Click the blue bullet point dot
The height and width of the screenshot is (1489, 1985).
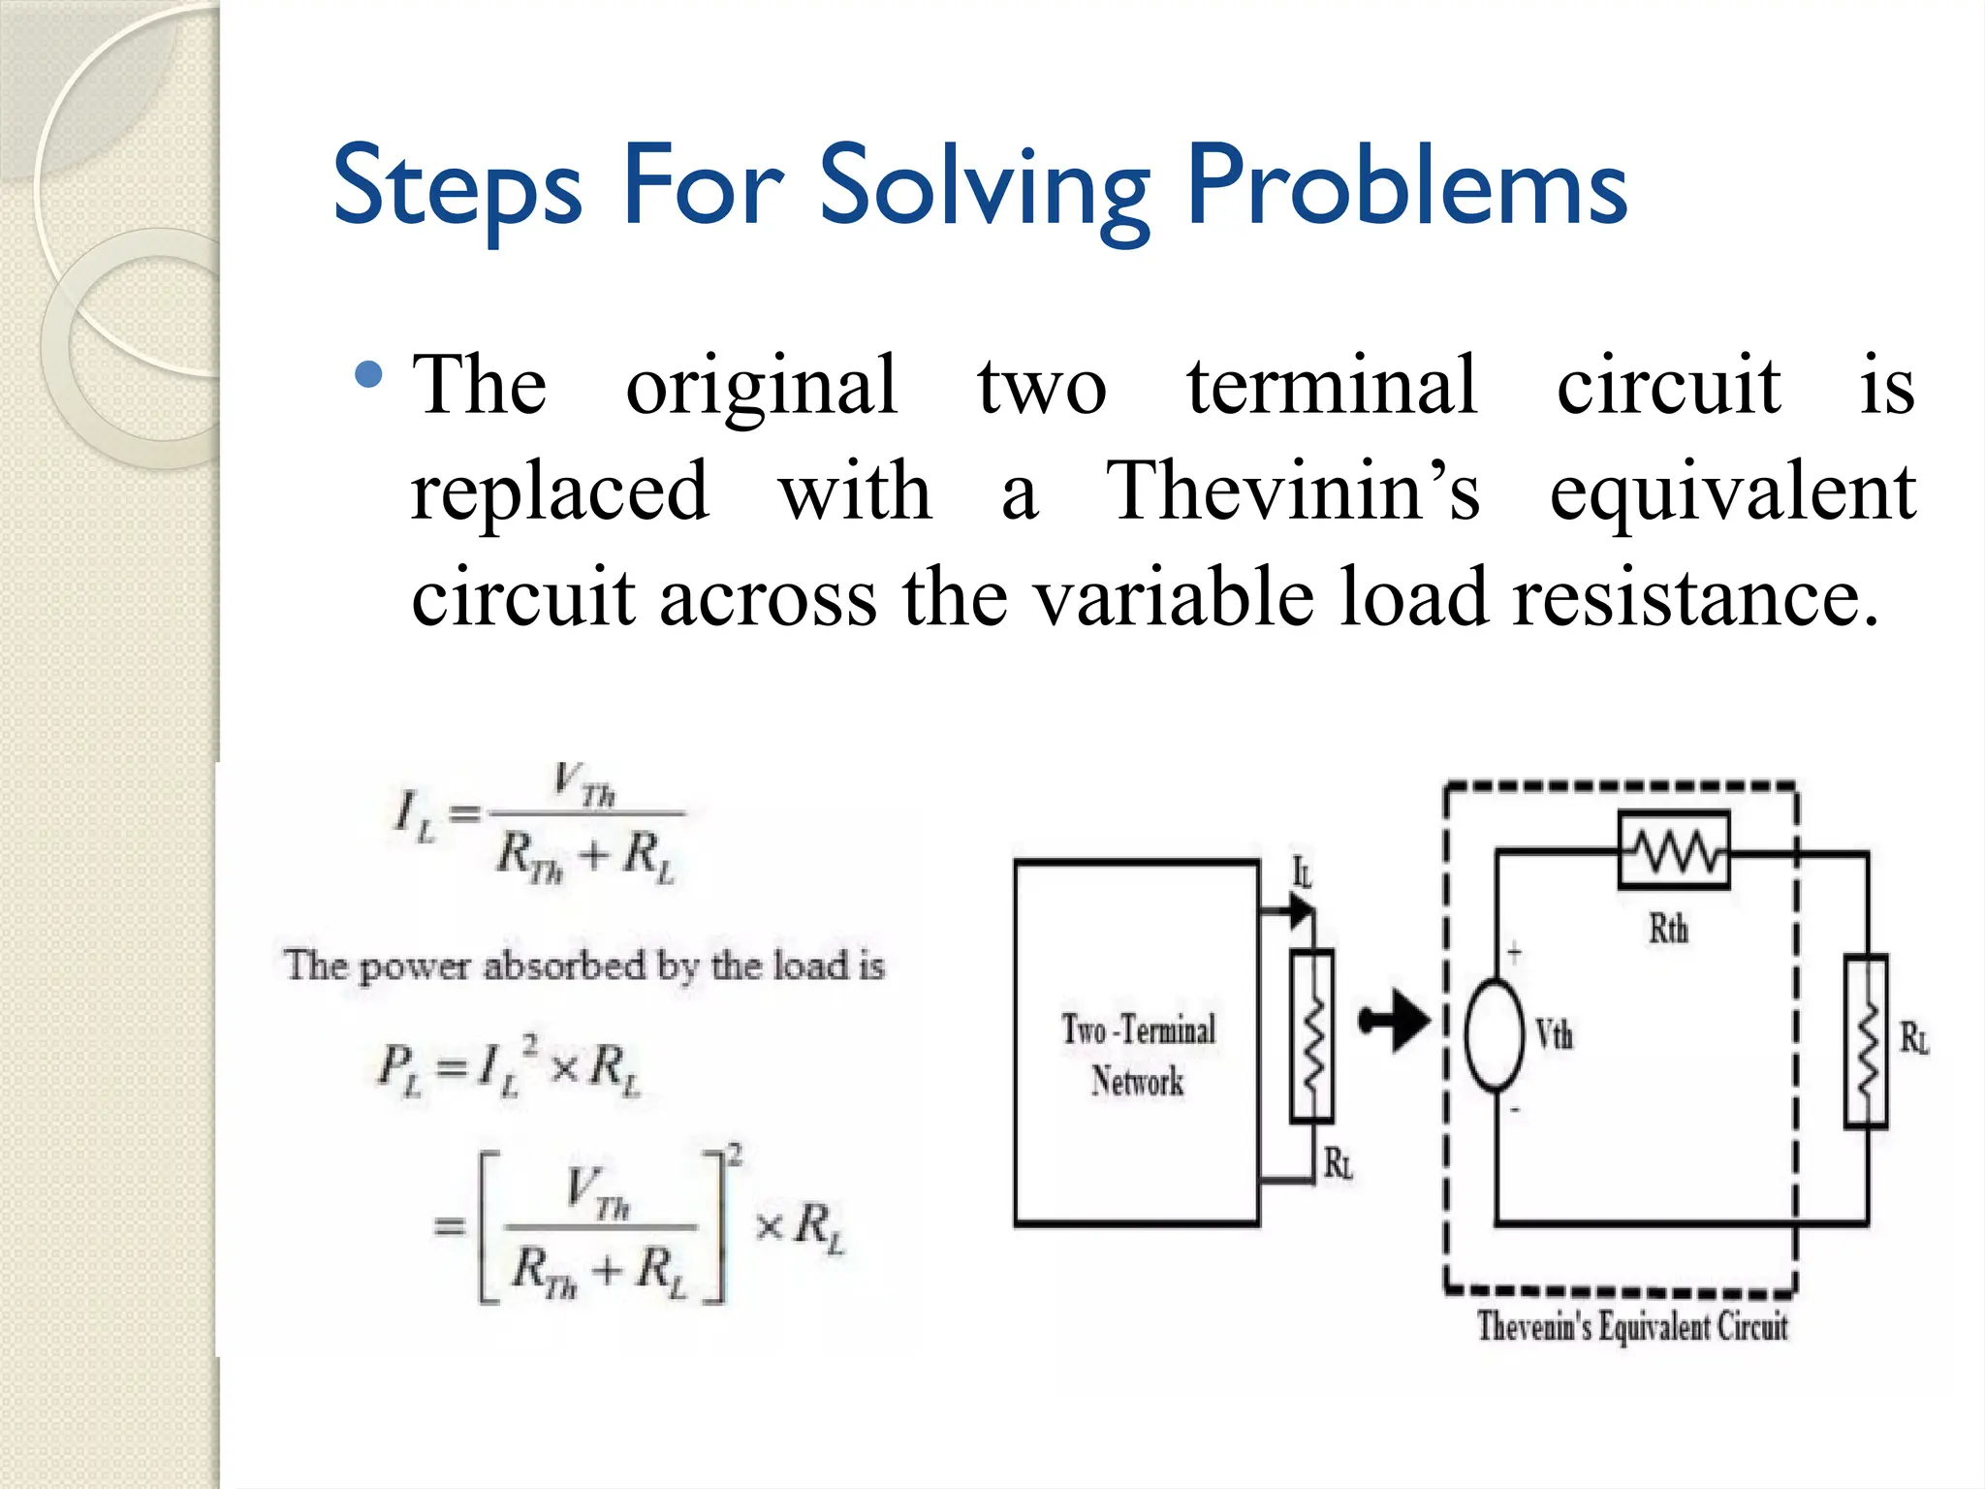pos(369,374)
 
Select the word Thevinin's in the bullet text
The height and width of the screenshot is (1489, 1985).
pos(1293,491)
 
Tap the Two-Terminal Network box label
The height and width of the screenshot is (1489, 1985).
pos(1138,1055)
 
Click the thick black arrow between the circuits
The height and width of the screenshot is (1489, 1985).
pos(1395,1021)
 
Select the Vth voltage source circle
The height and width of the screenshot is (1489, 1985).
pos(1495,1035)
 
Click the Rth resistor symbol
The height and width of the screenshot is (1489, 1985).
pos(1674,851)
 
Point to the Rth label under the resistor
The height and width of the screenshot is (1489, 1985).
pos(1668,929)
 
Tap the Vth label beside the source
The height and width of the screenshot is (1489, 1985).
pos(1554,1034)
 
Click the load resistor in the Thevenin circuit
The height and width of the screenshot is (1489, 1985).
pos(1866,1041)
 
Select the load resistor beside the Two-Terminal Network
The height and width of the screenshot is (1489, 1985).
pos(1311,1035)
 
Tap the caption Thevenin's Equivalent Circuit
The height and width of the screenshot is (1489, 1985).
pos(1632,1325)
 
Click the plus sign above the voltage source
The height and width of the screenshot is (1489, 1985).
pos(1514,952)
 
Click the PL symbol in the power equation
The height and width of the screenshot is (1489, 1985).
pos(398,1067)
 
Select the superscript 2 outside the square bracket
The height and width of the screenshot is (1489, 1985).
pos(736,1154)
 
